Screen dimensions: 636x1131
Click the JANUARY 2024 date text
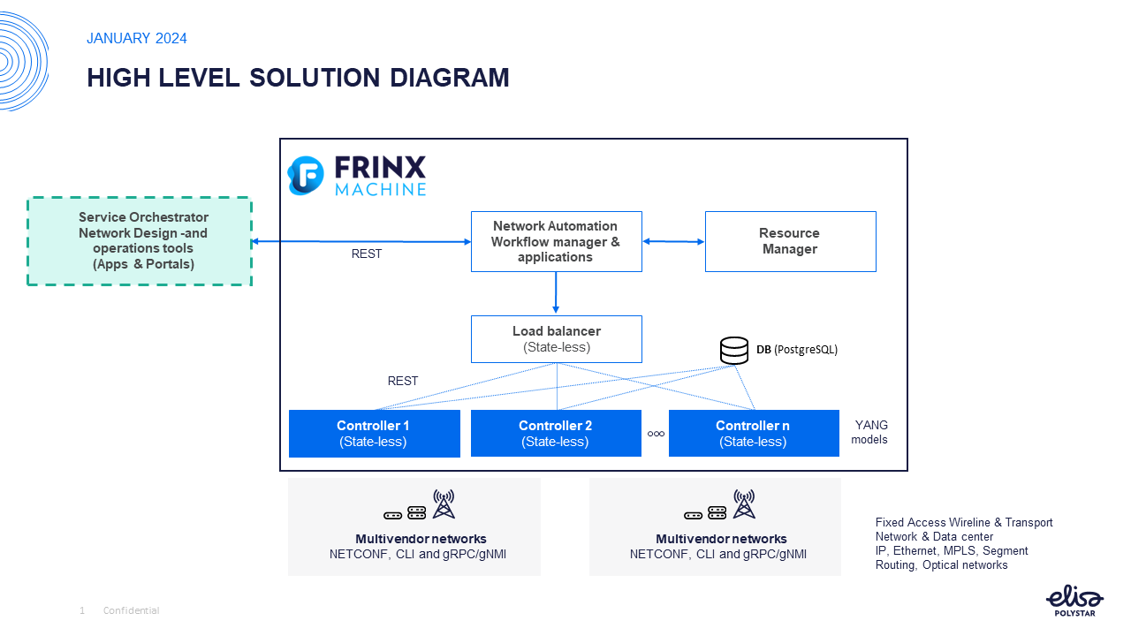(137, 39)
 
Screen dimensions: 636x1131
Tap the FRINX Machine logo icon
(306, 176)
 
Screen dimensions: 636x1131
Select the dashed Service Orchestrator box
(140, 241)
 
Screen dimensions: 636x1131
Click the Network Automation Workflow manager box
(556, 241)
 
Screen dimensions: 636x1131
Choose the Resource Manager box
(790, 241)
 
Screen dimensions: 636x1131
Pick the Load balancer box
(556, 339)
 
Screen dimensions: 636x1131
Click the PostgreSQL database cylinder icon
(734, 350)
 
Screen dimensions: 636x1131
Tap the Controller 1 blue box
(374, 433)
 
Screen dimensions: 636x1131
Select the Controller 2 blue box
(556, 433)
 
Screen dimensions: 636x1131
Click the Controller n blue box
(754, 433)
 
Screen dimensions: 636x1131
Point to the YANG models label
(870, 432)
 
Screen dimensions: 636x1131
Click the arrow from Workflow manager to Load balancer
(556, 292)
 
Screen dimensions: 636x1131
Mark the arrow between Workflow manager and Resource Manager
(673, 241)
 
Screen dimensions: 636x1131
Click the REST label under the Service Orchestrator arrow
(367, 254)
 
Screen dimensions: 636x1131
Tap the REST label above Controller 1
(402, 382)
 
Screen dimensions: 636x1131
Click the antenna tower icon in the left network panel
(444, 504)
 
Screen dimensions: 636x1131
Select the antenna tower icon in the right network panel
(744, 504)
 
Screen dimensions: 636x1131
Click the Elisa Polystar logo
(1074, 601)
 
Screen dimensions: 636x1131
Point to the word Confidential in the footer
(131, 610)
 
